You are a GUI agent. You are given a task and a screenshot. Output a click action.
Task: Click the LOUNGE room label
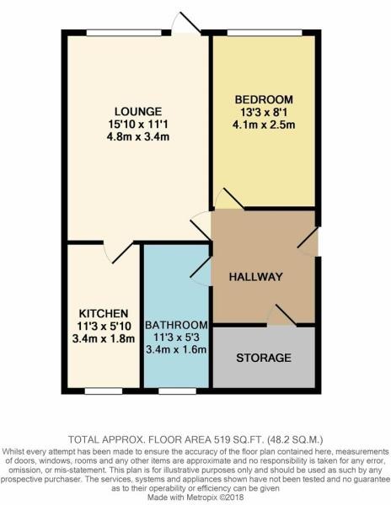tap(138, 111)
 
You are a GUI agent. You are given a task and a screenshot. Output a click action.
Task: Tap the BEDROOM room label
tap(264, 99)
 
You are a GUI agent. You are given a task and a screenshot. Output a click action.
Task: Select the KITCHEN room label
tap(104, 313)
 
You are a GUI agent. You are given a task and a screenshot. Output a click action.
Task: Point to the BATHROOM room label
tap(176, 325)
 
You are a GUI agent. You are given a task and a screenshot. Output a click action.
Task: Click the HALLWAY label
tap(255, 277)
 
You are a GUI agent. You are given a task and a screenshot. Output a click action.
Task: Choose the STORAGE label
tap(264, 358)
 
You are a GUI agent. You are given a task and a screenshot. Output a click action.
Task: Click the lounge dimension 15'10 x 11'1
tap(138, 124)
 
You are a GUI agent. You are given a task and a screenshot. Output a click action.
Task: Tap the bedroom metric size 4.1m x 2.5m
tap(264, 125)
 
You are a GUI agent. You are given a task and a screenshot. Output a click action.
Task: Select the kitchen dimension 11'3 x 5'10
tap(104, 327)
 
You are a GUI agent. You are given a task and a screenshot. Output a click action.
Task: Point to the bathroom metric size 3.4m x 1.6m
tap(176, 349)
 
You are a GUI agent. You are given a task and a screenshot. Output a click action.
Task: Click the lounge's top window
tap(124, 33)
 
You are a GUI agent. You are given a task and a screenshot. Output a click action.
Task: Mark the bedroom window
tap(265, 33)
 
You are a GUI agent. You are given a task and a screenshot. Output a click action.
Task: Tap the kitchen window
tap(104, 391)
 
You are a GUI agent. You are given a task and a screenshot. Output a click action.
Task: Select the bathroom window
tap(177, 391)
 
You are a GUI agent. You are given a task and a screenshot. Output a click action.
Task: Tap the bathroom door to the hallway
tap(201, 267)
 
